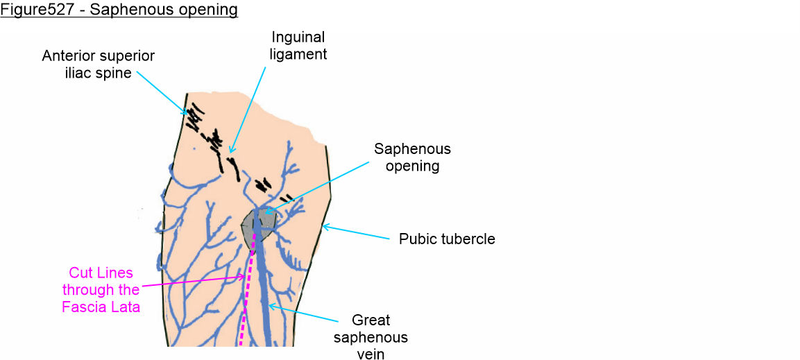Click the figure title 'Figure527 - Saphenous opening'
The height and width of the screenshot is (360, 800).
point(119,10)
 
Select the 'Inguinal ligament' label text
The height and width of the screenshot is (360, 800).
point(298,44)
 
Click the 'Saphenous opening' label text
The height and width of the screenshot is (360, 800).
point(412,157)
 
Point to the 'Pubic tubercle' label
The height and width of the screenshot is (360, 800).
point(447,239)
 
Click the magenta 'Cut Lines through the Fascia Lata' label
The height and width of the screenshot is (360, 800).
point(101,289)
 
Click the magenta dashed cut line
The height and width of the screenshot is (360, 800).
point(244,305)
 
